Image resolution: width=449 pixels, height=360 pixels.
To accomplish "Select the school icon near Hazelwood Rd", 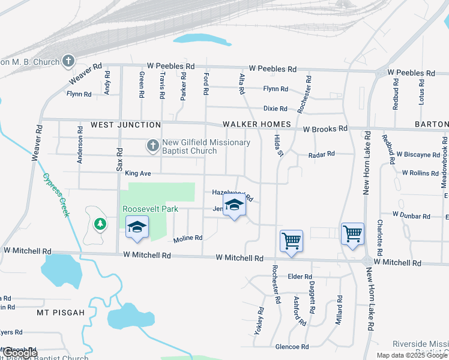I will point(234,205).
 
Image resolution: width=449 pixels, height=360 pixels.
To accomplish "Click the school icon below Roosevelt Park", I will point(137,227).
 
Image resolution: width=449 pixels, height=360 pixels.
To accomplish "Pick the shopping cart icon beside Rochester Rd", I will point(291,241).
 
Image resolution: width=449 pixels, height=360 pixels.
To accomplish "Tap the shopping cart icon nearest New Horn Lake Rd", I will point(352,233).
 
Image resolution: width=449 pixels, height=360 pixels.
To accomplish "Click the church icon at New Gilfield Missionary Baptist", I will point(153,146).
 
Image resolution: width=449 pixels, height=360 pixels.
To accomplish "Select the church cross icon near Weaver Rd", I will point(68,61).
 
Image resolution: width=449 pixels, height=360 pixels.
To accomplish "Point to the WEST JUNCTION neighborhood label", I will point(125,125).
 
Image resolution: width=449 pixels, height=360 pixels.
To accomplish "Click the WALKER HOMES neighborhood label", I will point(256,125).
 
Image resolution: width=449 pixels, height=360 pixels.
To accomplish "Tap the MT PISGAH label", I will point(58,313).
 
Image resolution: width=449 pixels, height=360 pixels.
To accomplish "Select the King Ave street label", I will point(138,173).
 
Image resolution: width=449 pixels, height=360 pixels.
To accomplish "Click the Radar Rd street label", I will point(321,155).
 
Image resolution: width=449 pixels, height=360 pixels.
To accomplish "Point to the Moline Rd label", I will point(188,238).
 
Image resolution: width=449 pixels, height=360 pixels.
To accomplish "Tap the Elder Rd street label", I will point(298,277).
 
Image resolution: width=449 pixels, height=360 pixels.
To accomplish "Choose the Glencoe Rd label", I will point(292,347).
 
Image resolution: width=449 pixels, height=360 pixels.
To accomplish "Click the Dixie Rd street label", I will point(276,109).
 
